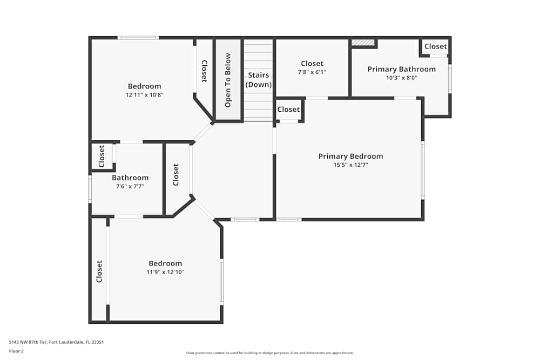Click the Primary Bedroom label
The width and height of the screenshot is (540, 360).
coord(350,157)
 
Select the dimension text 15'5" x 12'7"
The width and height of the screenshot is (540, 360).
coord(350,165)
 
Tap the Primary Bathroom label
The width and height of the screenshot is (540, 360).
coord(401,69)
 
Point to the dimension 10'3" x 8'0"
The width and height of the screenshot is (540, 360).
coord(401,78)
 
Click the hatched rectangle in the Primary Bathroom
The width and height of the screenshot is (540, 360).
coord(363,42)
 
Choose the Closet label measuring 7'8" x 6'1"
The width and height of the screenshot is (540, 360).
coord(312,64)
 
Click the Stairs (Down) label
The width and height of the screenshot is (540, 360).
coord(259,80)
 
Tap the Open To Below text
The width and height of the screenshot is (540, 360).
coord(228,80)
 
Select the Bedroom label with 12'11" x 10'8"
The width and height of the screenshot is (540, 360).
coord(144,86)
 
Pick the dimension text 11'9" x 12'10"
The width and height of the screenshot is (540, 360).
coord(165,272)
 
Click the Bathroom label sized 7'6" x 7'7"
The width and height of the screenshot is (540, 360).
coord(130,178)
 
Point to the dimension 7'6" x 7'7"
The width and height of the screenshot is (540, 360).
coord(130,186)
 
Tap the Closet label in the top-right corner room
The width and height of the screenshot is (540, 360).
coord(435,46)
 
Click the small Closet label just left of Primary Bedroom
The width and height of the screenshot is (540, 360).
coord(288,110)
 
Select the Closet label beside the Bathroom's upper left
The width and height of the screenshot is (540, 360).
coord(102,157)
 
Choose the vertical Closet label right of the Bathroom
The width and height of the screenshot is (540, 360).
coord(175,175)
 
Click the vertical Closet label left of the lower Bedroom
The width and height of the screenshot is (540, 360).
coord(99,271)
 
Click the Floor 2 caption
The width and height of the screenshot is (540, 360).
coord(16,351)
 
